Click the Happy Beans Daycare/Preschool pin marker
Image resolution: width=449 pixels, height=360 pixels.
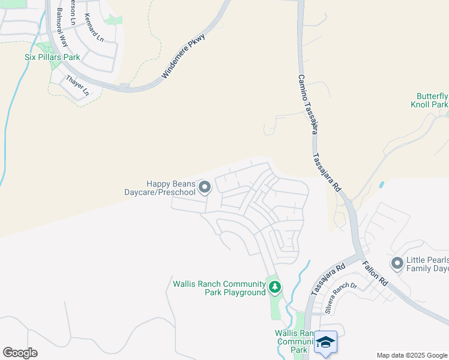205,188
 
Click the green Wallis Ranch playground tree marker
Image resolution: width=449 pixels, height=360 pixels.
275,287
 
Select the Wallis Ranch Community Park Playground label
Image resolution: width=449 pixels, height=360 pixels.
219,288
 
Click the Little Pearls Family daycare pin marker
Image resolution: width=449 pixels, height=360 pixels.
397,263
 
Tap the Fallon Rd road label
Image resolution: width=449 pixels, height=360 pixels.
375,273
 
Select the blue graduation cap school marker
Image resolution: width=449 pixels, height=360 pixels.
325,342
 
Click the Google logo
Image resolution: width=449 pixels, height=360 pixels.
20,353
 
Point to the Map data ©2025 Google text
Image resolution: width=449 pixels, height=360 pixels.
411,355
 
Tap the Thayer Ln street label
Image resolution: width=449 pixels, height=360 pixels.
77,85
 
